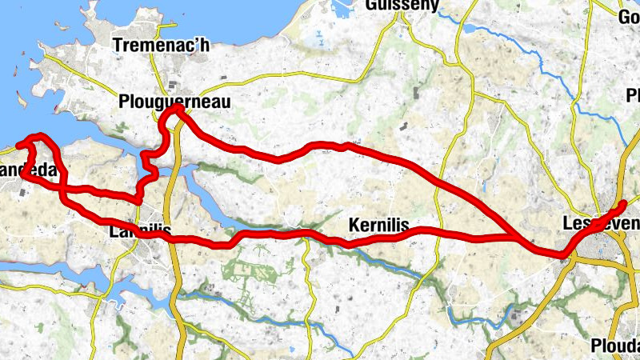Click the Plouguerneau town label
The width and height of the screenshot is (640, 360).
[x=174, y=102]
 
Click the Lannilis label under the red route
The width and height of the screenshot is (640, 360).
[x=140, y=231]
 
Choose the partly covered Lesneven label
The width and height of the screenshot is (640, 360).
[x=596, y=226]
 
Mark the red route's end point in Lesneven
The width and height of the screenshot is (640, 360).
[x=623, y=202]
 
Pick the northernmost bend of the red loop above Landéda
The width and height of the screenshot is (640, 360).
[x=36, y=137]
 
